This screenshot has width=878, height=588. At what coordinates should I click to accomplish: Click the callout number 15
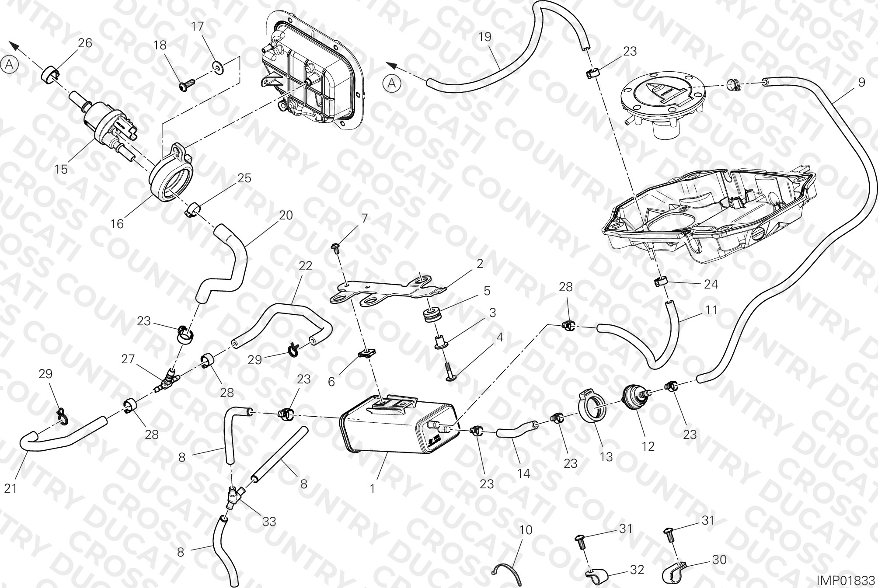(x=61, y=169)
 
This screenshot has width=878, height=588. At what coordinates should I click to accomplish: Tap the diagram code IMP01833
(x=846, y=580)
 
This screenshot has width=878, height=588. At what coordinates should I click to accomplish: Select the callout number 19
(x=484, y=37)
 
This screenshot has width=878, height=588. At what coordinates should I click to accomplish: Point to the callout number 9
(x=861, y=82)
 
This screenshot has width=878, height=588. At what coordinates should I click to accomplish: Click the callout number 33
(x=269, y=522)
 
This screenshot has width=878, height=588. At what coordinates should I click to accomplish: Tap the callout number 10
(x=526, y=530)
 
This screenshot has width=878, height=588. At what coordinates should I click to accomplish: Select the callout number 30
(x=719, y=560)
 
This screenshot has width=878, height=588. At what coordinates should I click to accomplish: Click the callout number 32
(x=637, y=570)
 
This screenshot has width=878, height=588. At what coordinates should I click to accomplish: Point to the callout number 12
(x=648, y=446)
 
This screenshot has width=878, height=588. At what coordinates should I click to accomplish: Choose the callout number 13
(x=606, y=456)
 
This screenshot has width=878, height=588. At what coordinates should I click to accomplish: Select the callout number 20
(x=286, y=215)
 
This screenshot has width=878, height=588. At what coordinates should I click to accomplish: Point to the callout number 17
(x=198, y=26)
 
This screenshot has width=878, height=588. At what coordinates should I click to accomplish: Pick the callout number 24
(x=711, y=284)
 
